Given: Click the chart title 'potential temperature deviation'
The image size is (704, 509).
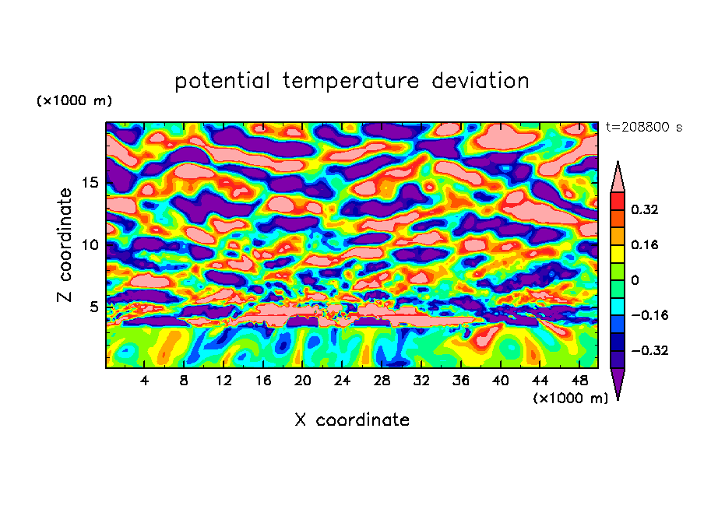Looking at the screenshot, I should [x=352, y=81].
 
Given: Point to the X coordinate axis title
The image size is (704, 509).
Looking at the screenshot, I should [x=352, y=420].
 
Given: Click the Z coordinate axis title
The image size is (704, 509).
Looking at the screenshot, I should [x=65, y=244].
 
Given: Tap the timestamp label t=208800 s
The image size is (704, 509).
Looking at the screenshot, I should [x=644, y=126].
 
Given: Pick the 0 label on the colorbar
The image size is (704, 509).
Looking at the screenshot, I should [x=635, y=280].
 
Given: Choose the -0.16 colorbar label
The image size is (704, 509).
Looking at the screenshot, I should [x=648, y=315].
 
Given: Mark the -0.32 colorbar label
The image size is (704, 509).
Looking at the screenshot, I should [x=648, y=350].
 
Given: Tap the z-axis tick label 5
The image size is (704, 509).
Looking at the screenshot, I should [x=94, y=307].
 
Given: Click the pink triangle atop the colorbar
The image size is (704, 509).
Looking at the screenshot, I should [x=618, y=177].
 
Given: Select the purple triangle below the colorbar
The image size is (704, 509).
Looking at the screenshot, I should [x=618, y=383].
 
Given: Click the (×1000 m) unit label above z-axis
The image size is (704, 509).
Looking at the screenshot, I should [x=74, y=101].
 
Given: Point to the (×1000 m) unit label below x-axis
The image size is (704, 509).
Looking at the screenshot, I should [x=571, y=398].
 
